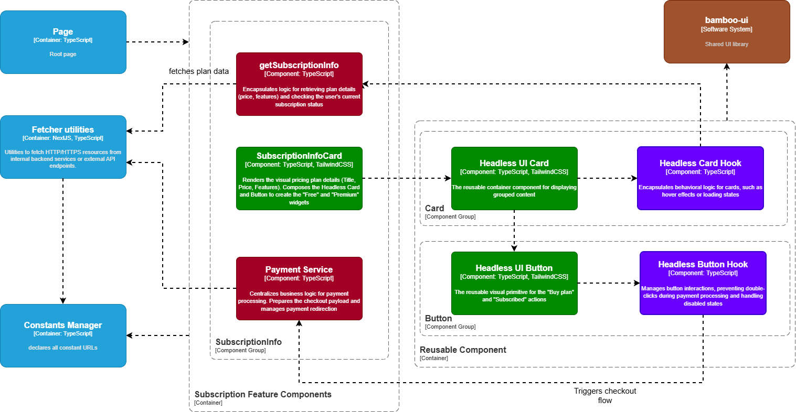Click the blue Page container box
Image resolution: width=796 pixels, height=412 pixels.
coord(63,42)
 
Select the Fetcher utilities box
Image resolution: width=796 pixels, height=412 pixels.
coord(63,147)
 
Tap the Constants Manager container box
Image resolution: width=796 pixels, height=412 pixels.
coord(63,335)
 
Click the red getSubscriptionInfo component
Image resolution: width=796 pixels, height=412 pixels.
coord(299,84)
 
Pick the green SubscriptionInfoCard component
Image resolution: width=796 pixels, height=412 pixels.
coord(299,178)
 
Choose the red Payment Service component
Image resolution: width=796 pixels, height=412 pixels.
coord(299,288)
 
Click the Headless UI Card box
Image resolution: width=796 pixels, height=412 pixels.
coord(514,178)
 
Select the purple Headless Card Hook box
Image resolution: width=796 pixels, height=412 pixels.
coord(700,178)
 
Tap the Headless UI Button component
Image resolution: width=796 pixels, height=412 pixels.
coord(514,283)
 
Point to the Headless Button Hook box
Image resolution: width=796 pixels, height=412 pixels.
coord(703,283)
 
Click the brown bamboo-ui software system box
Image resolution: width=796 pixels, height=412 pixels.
coord(727,31)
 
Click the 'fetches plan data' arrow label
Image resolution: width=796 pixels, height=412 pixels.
coord(198,71)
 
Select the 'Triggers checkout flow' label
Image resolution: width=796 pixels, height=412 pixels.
coord(604,396)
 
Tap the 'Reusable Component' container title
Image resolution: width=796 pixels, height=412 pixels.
coord(463,350)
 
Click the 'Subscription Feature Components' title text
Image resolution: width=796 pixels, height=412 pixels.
coord(263,395)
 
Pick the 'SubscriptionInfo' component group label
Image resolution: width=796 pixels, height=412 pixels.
coord(248,342)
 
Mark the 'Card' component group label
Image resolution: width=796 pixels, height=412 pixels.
coord(434,209)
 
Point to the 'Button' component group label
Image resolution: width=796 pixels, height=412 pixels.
coord(438,319)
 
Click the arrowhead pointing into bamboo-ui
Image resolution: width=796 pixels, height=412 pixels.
coord(727,67)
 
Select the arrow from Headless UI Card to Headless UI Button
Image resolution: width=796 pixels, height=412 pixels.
coord(514,231)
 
